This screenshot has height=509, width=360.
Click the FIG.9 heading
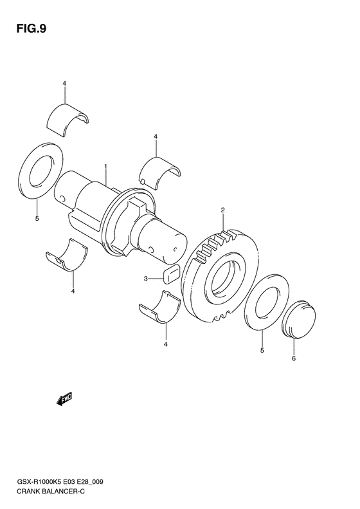tap(32, 29)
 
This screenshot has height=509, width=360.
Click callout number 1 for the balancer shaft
tap(105, 167)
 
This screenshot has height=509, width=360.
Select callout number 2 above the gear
tap(222, 210)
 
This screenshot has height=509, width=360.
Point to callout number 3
tap(146, 278)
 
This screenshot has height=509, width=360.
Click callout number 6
tap(294, 358)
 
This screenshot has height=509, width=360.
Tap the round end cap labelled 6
tap(299, 319)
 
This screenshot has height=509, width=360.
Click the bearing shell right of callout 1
tap(161, 171)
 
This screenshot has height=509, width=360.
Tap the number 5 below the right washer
tap(262, 350)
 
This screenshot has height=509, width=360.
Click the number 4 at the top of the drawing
tap(64, 84)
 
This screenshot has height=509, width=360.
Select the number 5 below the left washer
tap(37, 219)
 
